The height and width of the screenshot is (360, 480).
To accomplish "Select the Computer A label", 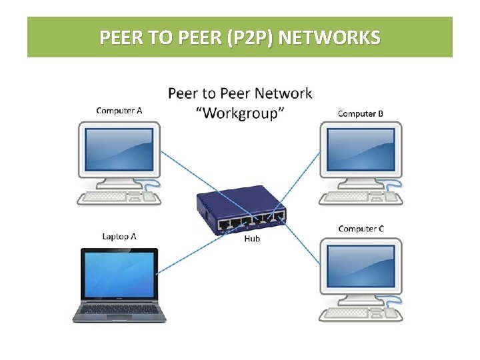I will (119, 111).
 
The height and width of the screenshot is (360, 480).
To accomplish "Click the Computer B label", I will (361, 113).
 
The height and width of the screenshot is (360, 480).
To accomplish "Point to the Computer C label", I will (361, 229).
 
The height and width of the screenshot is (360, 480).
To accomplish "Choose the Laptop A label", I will (119, 236).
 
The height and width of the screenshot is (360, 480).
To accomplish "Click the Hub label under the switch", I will (252, 239).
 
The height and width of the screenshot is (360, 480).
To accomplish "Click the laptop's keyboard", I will (118, 308).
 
